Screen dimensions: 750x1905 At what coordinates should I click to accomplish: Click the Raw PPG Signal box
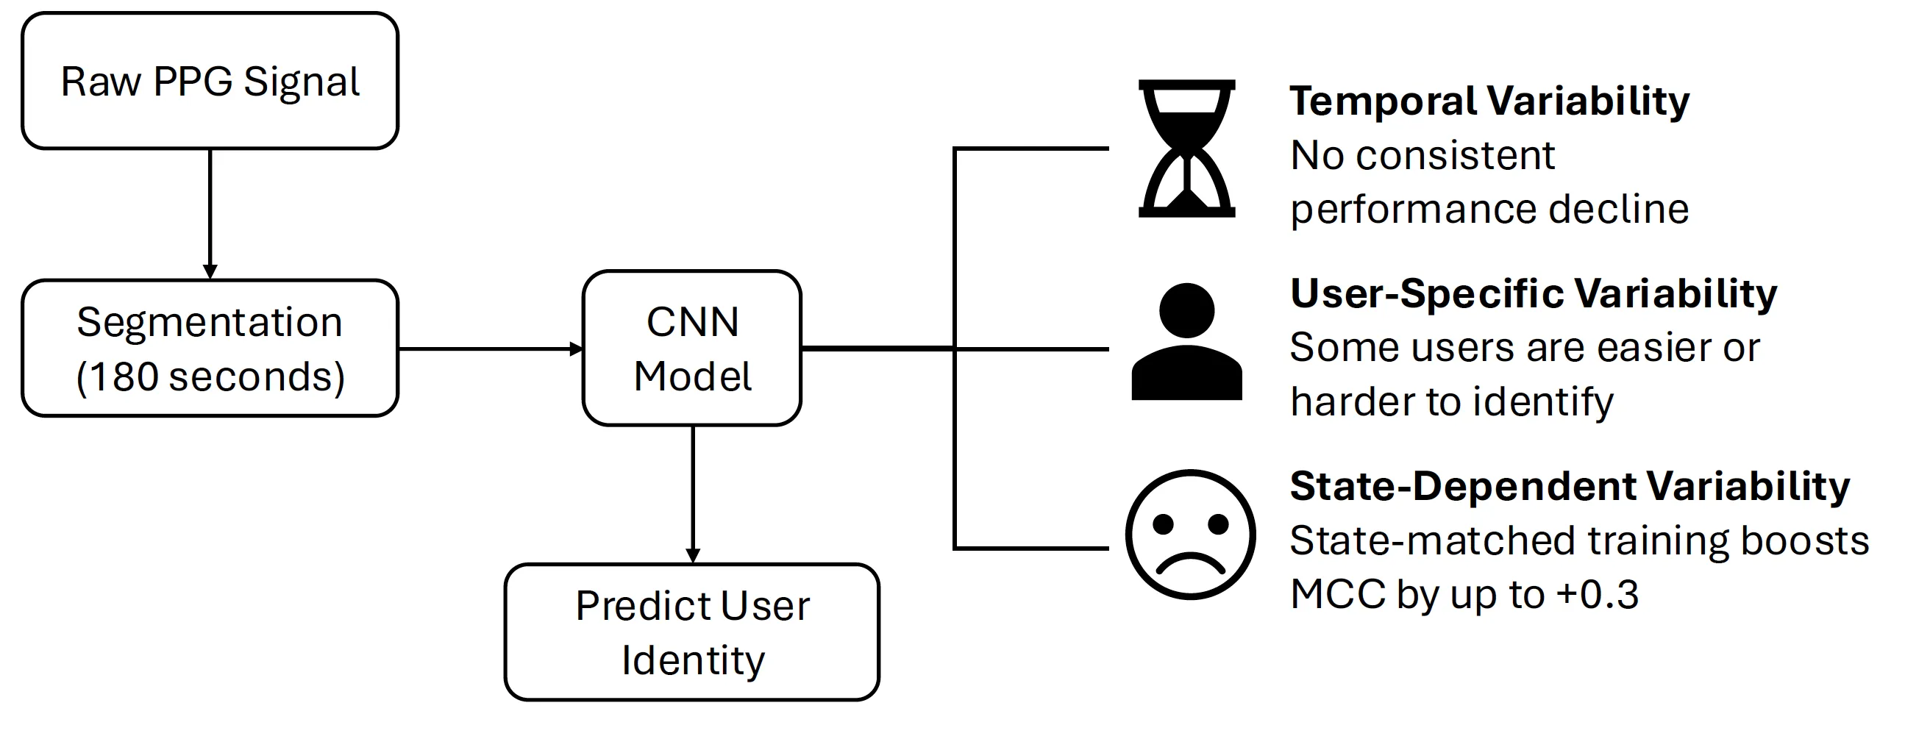pyautogui.click(x=210, y=81)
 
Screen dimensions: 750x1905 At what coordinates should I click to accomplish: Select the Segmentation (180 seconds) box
pyautogui.click(x=210, y=349)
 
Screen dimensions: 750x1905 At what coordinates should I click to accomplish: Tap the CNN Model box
pyautogui.click(x=692, y=349)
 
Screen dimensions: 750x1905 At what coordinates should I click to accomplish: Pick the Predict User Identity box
pyautogui.click(x=692, y=632)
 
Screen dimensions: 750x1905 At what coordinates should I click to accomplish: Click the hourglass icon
pyautogui.click(x=1186, y=148)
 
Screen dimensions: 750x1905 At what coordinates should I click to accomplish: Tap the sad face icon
pyautogui.click(x=1190, y=534)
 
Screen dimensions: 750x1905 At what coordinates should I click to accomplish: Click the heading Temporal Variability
pyautogui.click(x=1489, y=101)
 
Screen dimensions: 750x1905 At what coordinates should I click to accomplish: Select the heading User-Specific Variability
pyautogui.click(x=1533, y=293)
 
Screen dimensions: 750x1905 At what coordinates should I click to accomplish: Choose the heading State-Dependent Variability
pyautogui.click(x=1570, y=487)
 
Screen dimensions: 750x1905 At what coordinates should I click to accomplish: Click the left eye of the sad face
pyautogui.click(x=1164, y=524)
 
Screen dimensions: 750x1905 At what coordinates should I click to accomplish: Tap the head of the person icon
pyautogui.click(x=1186, y=310)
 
